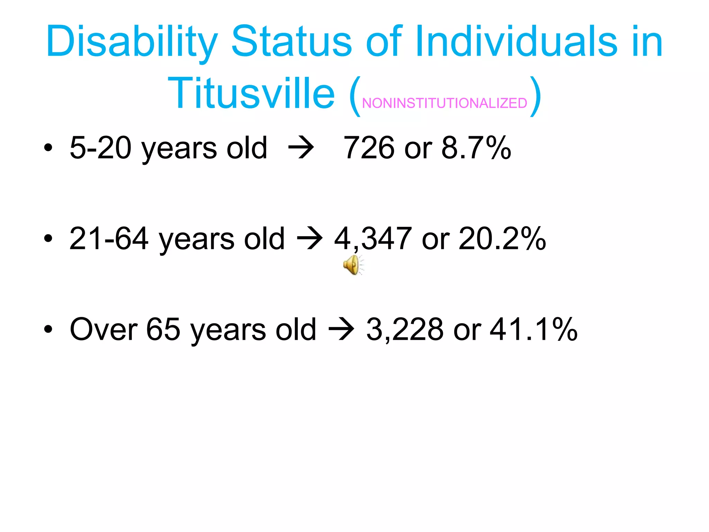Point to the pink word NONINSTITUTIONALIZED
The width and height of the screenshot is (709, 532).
pyautogui.click(x=445, y=103)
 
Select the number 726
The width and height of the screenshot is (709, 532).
pyautogui.click(x=369, y=148)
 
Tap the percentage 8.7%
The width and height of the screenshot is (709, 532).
pyautogui.click(x=476, y=148)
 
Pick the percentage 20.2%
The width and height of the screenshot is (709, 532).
pyautogui.click(x=502, y=239)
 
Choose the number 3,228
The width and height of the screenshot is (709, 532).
pyautogui.click(x=405, y=330)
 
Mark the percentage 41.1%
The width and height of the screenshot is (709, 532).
pyautogui.click(x=533, y=330)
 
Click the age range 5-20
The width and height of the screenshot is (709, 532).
pyautogui.click(x=100, y=148)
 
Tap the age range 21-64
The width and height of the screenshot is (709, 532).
pyautogui.click(x=109, y=239)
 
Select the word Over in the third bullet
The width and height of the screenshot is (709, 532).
pyautogui.click(x=104, y=330)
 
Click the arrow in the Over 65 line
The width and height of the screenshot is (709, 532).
pyautogui.click(x=341, y=330)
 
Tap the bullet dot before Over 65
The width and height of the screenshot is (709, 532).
pyautogui.click(x=48, y=330)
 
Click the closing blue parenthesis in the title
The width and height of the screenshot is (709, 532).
pyautogui.click(x=536, y=95)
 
